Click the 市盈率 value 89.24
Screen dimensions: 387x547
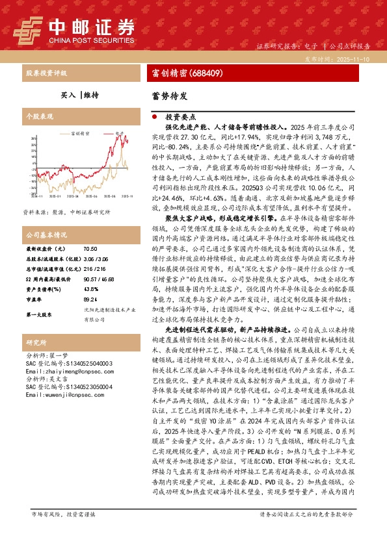click(x=92, y=300)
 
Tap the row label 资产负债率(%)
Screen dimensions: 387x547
click(x=46, y=289)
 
